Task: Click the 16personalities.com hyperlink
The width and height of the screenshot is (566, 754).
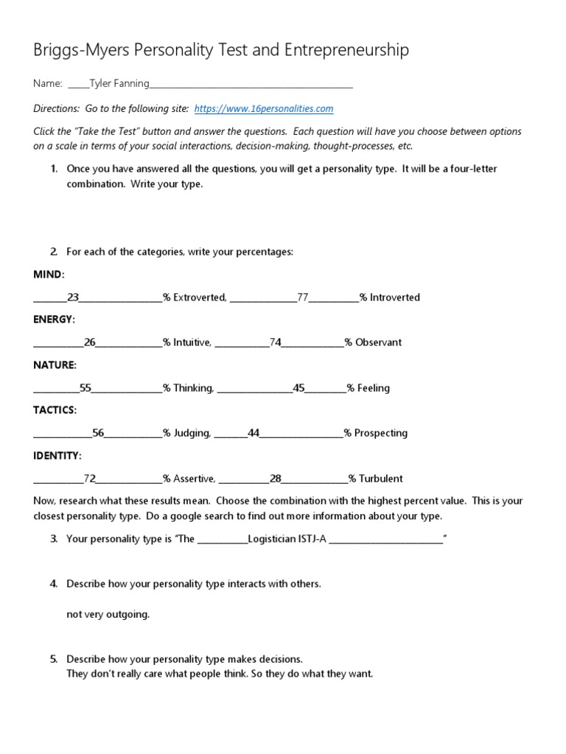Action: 264,108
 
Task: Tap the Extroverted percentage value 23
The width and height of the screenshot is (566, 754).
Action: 73,297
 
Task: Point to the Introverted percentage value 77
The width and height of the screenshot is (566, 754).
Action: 302,297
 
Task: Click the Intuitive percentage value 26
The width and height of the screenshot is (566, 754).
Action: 90,342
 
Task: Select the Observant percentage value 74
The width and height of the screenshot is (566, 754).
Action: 276,342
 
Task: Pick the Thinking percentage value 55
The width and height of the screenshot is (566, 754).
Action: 85,388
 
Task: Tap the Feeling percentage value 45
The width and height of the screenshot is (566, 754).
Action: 298,388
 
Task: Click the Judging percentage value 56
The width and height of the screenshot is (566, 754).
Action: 98,433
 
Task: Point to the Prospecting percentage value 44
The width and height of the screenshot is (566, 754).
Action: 254,433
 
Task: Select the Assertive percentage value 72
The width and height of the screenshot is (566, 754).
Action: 90,479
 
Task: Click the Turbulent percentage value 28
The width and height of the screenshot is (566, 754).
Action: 276,479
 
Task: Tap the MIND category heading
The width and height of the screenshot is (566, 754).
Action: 49,275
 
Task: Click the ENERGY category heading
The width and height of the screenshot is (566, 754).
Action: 54,320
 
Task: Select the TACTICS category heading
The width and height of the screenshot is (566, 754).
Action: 55,410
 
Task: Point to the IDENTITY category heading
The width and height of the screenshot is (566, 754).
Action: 57,456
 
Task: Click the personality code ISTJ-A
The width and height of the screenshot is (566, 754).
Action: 312,539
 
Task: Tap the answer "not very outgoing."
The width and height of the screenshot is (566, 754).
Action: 108,614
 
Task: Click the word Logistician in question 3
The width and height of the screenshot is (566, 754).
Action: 272,539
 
